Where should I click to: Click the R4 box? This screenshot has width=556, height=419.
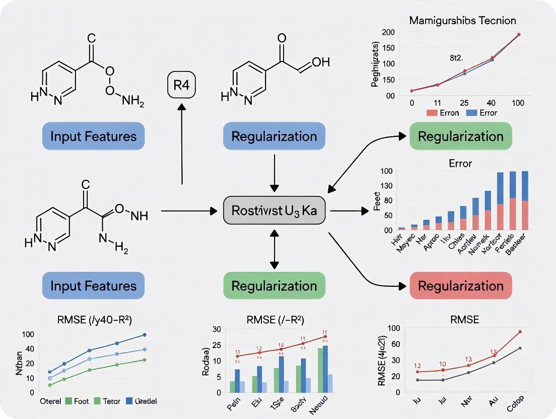[181, 85]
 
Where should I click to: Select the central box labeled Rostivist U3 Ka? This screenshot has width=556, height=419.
[274, 210]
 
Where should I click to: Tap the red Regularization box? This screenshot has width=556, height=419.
[461, 286]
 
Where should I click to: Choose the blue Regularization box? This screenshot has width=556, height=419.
[274, 136]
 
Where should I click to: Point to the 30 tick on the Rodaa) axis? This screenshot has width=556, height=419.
[217, 329]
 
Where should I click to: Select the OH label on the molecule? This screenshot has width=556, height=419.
[320, 62]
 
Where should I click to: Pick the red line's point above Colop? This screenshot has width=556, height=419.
[520, 332]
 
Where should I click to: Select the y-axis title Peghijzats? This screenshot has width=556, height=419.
[375, 64]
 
